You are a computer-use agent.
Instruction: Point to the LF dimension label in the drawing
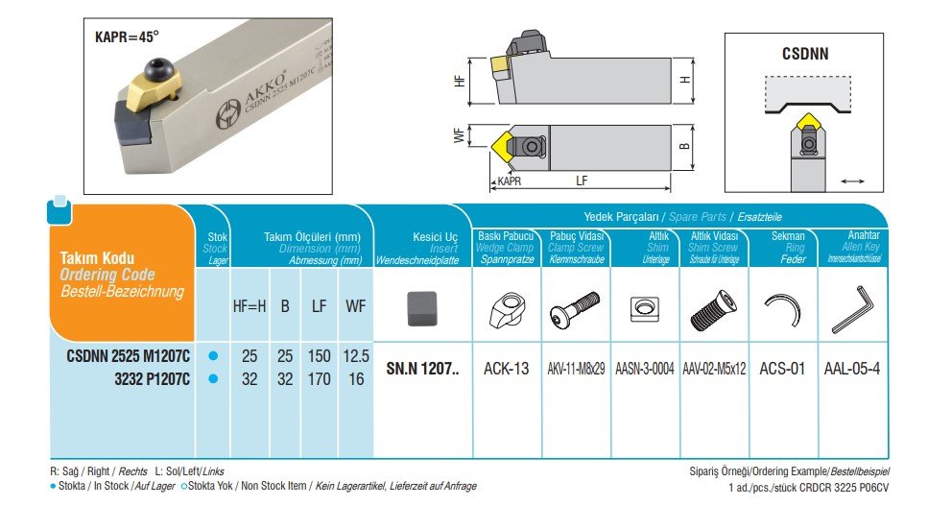coord(583,181)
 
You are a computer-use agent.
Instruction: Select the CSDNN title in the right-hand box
coord(805,55)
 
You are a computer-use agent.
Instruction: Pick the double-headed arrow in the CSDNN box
coord(851,180)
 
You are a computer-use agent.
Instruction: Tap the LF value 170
coord(319,379)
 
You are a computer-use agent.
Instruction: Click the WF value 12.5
coord(355,356)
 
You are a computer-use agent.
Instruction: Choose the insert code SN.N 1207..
coord(422,368)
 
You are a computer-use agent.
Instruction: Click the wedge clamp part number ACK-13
coord(507,368)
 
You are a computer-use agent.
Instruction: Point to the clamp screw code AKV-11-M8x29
coord(576,368)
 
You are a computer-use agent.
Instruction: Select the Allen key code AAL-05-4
coord(852,368)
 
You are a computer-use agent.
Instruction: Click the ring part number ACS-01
coord(783,368)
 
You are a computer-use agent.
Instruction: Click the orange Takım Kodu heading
coord(97,258)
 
